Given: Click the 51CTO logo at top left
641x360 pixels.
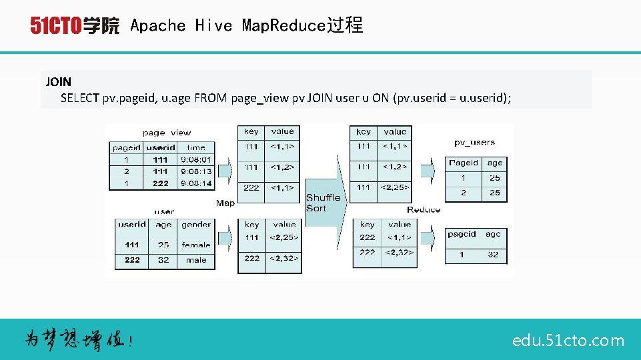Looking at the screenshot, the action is click(x=74, y=26).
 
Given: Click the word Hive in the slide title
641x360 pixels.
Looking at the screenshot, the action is click(x=213, y=26).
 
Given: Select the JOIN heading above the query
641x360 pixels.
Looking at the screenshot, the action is click(x=58, y=83).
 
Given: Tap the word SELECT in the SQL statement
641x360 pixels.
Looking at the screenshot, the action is click(x=80, y=98).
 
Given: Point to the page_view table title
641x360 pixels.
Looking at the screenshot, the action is click(x=166, y=133).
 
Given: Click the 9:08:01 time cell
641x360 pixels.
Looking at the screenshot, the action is click(x=195, y=160).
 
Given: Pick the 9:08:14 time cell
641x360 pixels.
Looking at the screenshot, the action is click(x=195, y=183).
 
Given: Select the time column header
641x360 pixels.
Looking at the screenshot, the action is click(x=195, y=147).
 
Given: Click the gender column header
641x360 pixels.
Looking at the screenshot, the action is click(x=196, y=225).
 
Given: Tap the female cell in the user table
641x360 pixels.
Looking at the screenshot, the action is click(x=196, y=245).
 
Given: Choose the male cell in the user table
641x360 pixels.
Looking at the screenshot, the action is click(x=196, y=260).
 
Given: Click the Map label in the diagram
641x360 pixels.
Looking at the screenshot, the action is click(x=225, y=203).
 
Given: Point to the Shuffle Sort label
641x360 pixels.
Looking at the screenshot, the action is click(x=324, y=203).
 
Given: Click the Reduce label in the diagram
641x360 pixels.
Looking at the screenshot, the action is click(x=424, y=209).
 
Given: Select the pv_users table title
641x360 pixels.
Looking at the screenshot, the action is click(x=474, y=142).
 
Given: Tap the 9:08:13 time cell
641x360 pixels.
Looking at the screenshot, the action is click(x=195, y=171).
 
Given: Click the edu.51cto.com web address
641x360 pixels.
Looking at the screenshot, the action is click(x=568, y=341).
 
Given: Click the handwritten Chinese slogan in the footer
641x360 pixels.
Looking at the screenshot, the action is click(x=79, y=340).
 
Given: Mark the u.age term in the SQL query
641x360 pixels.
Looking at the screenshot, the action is click(x=175, y=98).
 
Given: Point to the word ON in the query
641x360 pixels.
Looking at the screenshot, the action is click(x=381, y=98).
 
